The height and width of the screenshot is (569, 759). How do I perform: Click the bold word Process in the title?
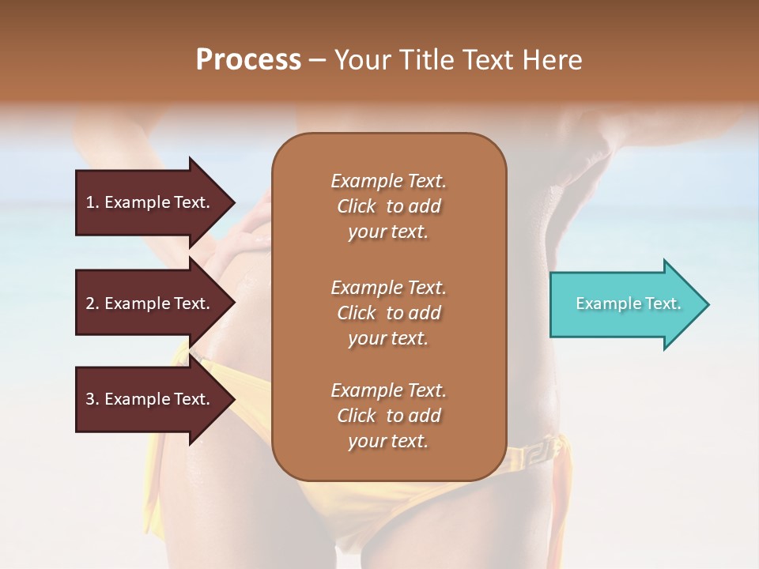click(248, 60)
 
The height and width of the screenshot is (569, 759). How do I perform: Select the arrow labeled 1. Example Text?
click(150, 202)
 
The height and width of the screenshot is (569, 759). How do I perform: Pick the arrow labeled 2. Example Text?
click(150, 303)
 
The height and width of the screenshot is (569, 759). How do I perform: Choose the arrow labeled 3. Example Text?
click(150, 399)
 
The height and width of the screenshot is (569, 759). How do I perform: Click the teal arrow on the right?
click(625, 304)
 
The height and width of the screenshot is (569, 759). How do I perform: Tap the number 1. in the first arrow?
click(93, 202)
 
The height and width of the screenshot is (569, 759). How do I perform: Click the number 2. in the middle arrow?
click(93, 303)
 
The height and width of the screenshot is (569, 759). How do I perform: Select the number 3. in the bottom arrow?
click(93, 399)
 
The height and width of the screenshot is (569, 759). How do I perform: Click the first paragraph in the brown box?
click(388, 206)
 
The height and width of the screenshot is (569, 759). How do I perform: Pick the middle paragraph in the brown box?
click(388, 313)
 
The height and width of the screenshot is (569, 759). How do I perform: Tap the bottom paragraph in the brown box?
click(388, 416)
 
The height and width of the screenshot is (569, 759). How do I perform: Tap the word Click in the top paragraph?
click(357, 206)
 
